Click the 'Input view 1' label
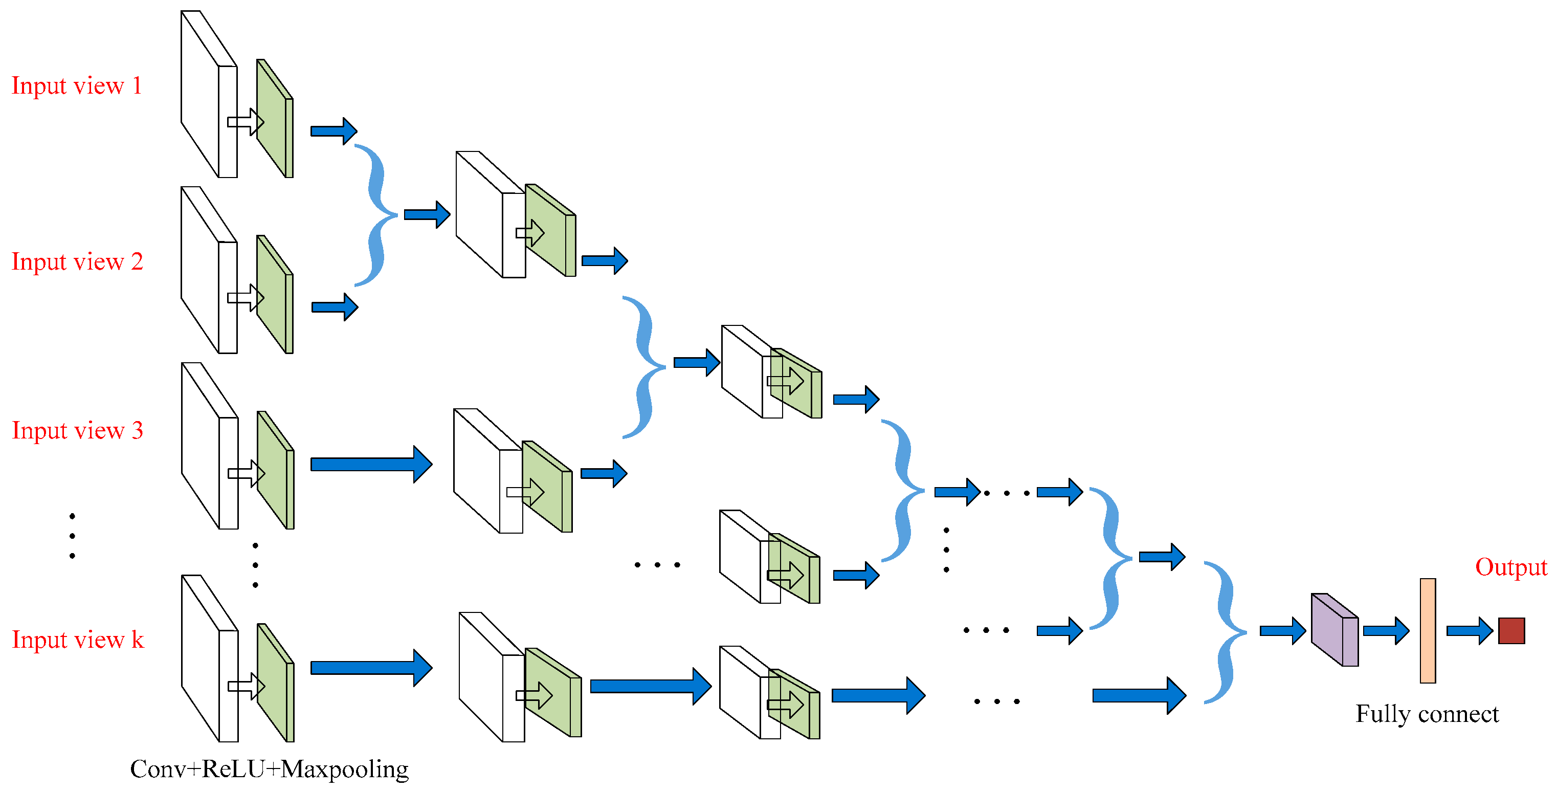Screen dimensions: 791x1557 coord(77,86)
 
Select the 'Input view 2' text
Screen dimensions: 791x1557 coord(77,262)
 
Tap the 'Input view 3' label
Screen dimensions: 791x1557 coord(77,431)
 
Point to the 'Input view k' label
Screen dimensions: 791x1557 coord(78,640)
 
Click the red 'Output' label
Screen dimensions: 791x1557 coord(1510,567)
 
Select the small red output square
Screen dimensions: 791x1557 coord(1511,631)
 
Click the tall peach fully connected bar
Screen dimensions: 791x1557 coord(1428,631)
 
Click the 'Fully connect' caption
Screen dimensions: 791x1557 coord(1427,714)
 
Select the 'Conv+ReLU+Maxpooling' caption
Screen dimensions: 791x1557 coord(269,769)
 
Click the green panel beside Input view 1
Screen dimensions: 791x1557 coord(273,121)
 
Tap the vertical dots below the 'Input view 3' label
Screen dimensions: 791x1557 coord(73,536)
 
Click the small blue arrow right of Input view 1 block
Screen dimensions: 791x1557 coord(333,131)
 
